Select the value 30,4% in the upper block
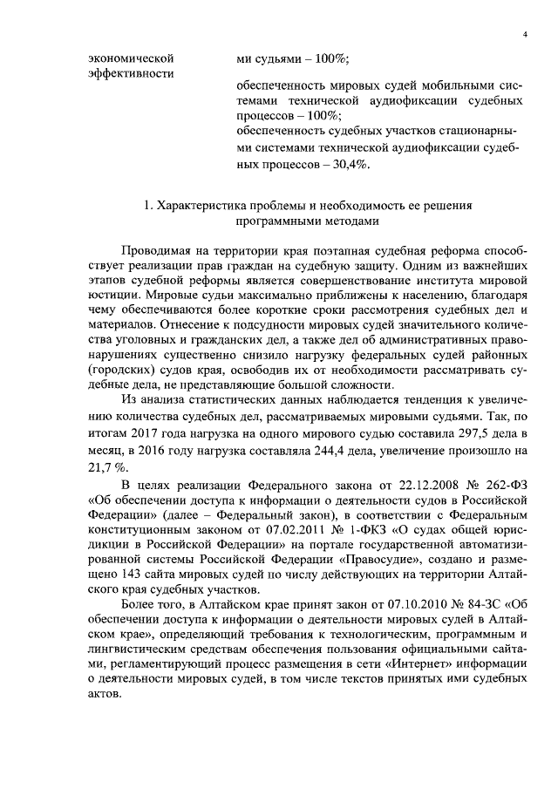pyautogui.click(x=349, y=163)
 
